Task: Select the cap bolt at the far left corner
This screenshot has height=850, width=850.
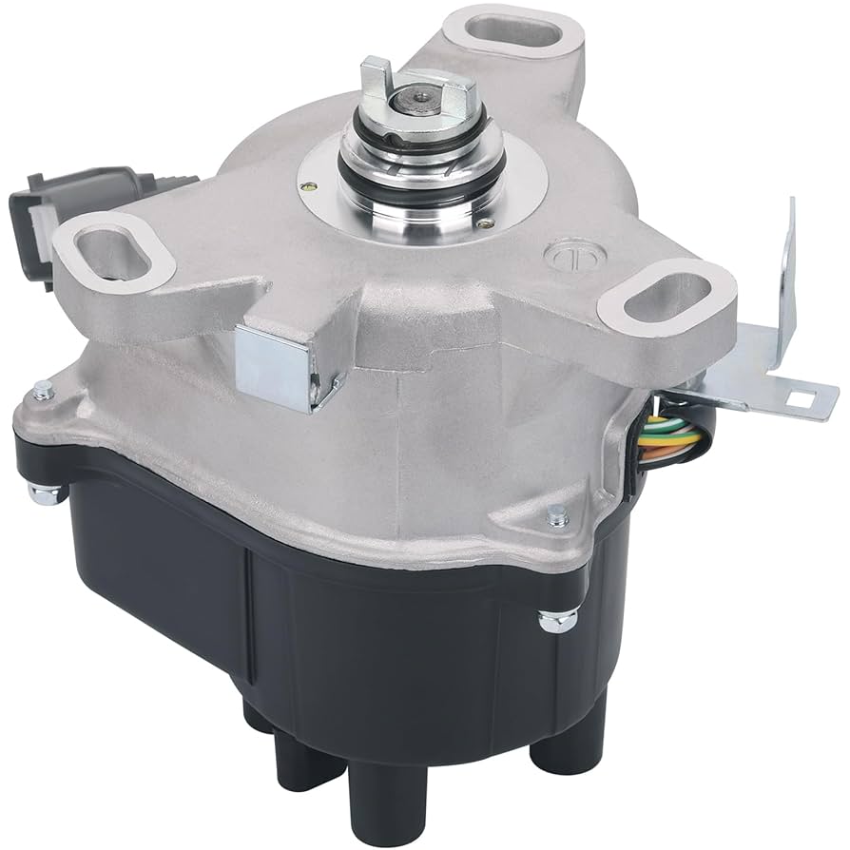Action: coord(42,493)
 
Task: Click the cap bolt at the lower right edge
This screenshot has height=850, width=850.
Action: coord(557,619)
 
